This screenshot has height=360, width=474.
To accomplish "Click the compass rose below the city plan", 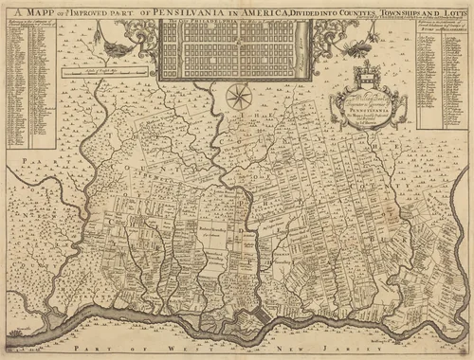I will tap(238, 96).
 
